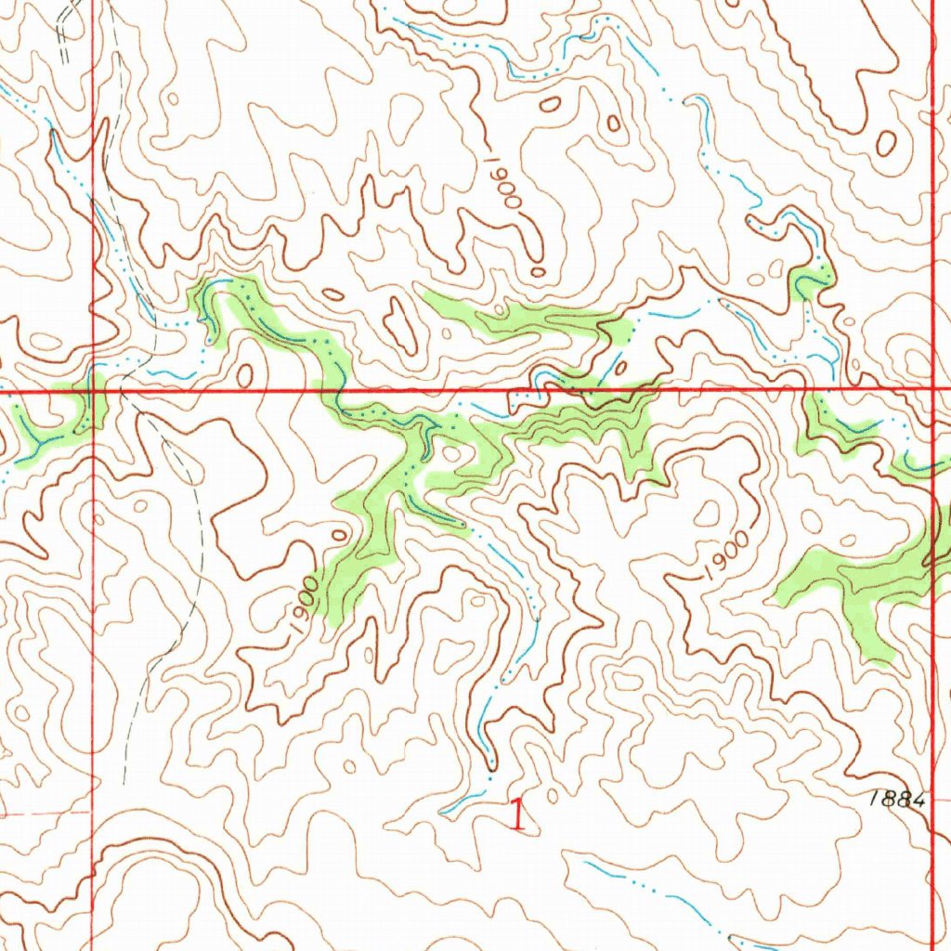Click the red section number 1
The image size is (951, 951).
pos(518,814)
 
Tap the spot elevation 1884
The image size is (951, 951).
pos(899,798)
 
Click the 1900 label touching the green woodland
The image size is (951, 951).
pos(304,608)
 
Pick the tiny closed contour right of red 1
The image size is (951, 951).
pos(554,796)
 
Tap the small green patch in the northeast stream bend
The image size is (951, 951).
pos(811,280)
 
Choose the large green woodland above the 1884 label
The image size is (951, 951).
pos(859,585)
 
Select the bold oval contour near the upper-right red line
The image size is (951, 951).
pos(886,143)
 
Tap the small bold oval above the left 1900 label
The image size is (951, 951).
pos(340,537)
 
